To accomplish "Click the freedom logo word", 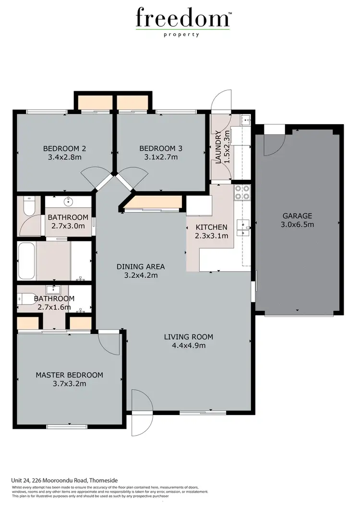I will [182, 19].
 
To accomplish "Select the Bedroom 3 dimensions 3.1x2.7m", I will [158, 157].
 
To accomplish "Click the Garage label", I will [297, 216].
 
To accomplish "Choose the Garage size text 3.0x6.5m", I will [298, 225].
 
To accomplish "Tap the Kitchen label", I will [211, 227].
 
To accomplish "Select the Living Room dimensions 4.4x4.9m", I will [189, 345].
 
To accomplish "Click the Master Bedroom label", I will [69, 375].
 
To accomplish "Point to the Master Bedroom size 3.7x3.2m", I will [69, 384].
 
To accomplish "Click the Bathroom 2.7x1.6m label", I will [52, 303].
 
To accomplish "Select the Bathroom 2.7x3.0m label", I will [68, 222].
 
